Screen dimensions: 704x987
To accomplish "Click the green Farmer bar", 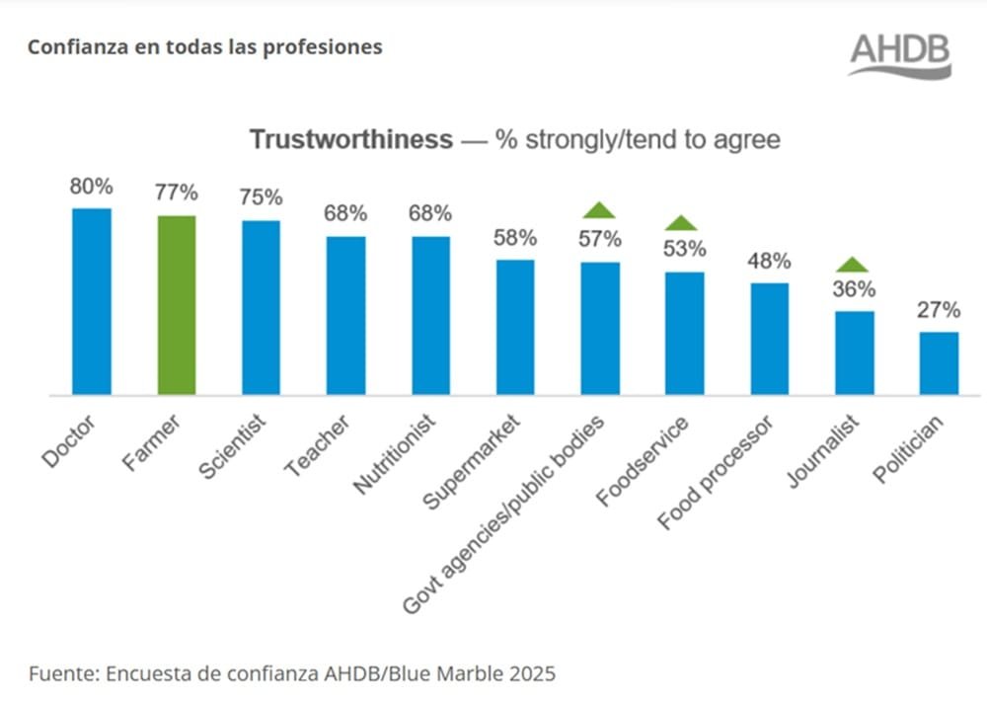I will tap(177, 305).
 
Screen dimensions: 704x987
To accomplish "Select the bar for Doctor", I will tap(92, 301).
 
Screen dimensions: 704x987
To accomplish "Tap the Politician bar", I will tap(939, 363).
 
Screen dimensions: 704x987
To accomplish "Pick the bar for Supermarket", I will tap(515, 327).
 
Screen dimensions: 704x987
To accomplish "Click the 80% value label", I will tap(91, 187).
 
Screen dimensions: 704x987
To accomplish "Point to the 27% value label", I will tap(938, 310).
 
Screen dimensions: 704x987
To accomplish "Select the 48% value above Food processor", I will tap(769, 262).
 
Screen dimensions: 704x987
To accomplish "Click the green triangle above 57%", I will tap(599, 209).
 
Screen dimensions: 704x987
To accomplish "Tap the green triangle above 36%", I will tap(853, 264).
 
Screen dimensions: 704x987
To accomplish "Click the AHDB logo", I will tap(900, 55).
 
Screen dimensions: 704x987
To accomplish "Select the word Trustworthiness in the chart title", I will tap(350, 139).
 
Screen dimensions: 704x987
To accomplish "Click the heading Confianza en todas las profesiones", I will tap(204, 47).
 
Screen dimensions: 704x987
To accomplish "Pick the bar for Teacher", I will tap(346, 315).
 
